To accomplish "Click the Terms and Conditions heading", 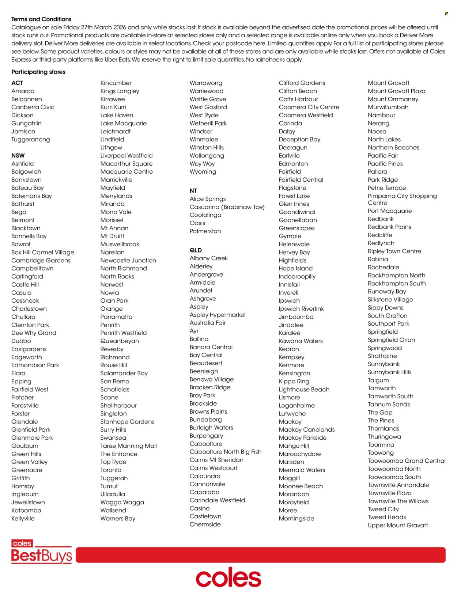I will (41, 19).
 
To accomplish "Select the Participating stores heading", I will (38, 72).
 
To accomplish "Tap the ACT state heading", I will (17, 83).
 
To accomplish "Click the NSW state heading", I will (18, 155).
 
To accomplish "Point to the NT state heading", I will (193, 191).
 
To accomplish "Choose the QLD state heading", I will (196, 250).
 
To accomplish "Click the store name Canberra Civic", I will (33, 107).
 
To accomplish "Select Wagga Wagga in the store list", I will (122, 503).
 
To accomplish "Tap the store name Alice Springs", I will (208, 199).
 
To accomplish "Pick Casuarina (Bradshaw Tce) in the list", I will (227, 207).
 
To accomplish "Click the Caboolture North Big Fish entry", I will (226, 452).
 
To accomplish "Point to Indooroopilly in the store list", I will (297, 277).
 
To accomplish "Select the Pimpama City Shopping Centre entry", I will (402, 199).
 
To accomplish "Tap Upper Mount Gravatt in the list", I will (398, 525).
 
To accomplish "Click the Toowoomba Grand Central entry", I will (407, 461).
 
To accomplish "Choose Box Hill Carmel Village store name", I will (43, 252).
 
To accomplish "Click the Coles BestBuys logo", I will (41, 552).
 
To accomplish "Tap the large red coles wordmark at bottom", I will (228, 578).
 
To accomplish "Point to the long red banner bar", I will (260, 555).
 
